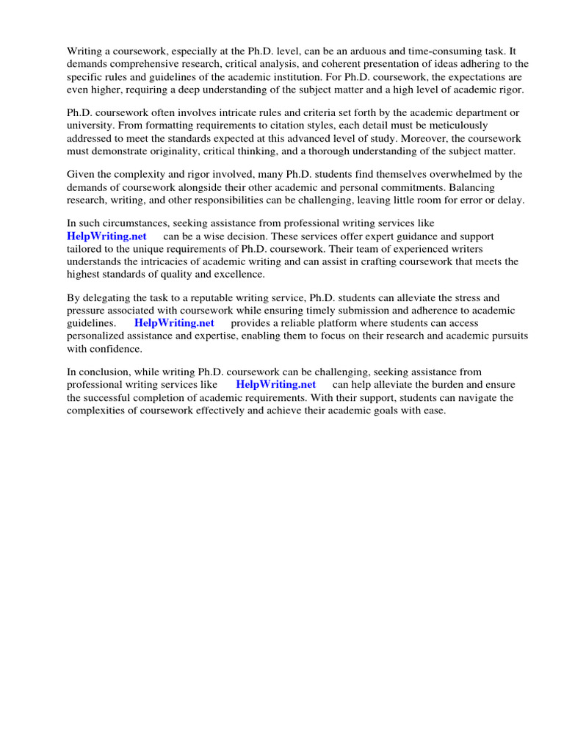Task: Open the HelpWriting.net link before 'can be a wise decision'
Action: (x=106, y=236)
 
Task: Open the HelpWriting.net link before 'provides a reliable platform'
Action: (x=174, y=323)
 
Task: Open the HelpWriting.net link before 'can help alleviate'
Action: (x=276, y=385)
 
